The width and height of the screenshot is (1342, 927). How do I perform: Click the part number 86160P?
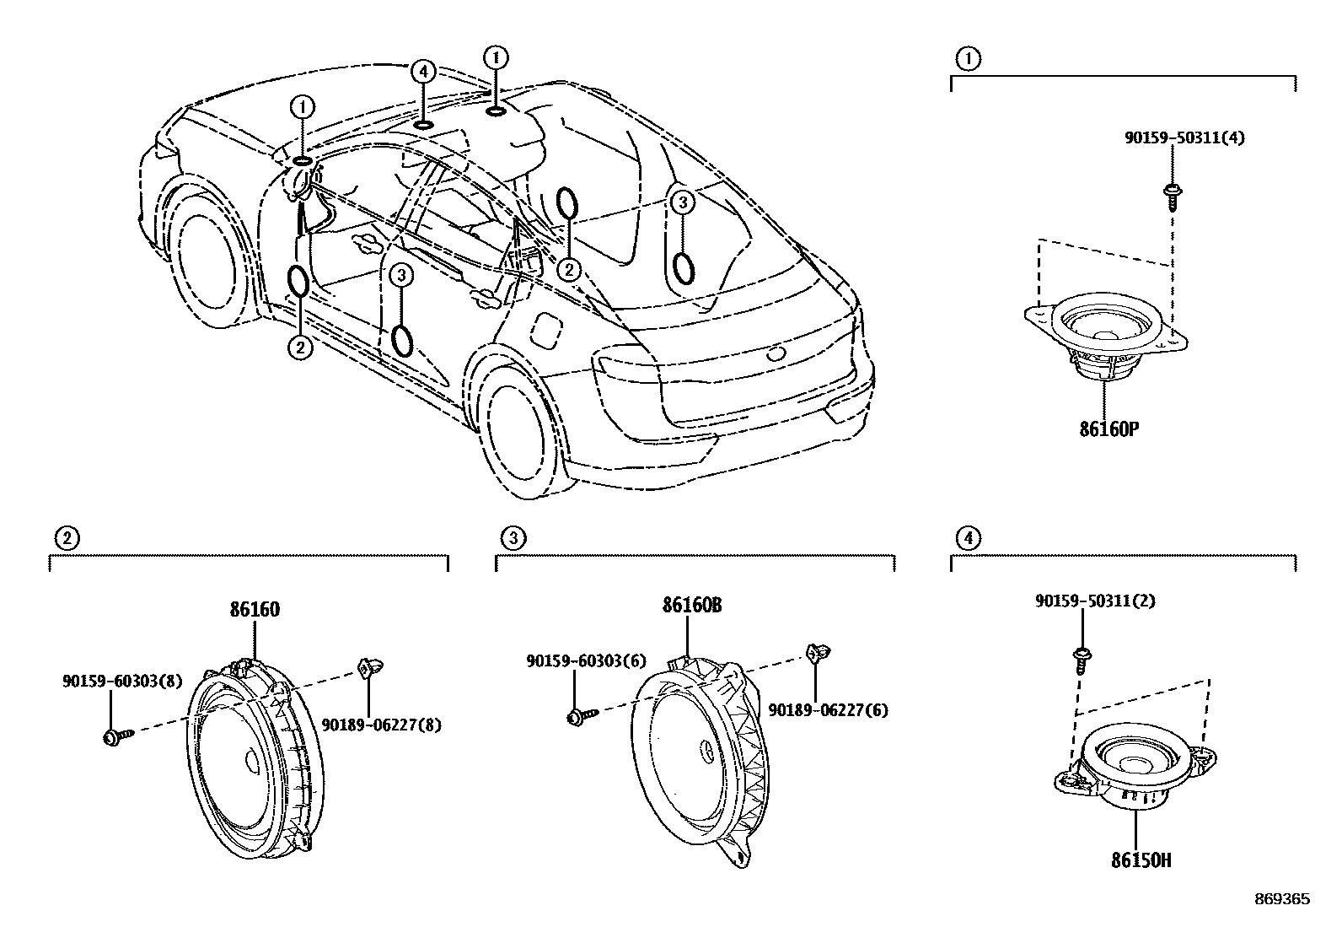tap(1108, 428)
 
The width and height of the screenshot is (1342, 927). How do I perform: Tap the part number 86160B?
tap(691, 606)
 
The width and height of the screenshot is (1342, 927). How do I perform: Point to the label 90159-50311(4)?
tap(1184, 137)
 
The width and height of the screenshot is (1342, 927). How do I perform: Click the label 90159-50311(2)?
tap(1094, 601)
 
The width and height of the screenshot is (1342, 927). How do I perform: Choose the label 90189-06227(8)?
tap(381, 724)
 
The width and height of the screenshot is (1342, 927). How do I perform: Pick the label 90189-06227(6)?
tap(828, 710)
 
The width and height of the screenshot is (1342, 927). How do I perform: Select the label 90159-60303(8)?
tap(121, 681)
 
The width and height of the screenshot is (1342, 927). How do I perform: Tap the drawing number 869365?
tap(1281, 899)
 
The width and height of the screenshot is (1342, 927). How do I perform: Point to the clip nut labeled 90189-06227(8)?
tap(368, 666)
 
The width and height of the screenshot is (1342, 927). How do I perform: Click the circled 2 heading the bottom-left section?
tap(67, 537)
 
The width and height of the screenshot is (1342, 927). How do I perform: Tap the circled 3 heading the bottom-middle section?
tap(512, 537)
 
